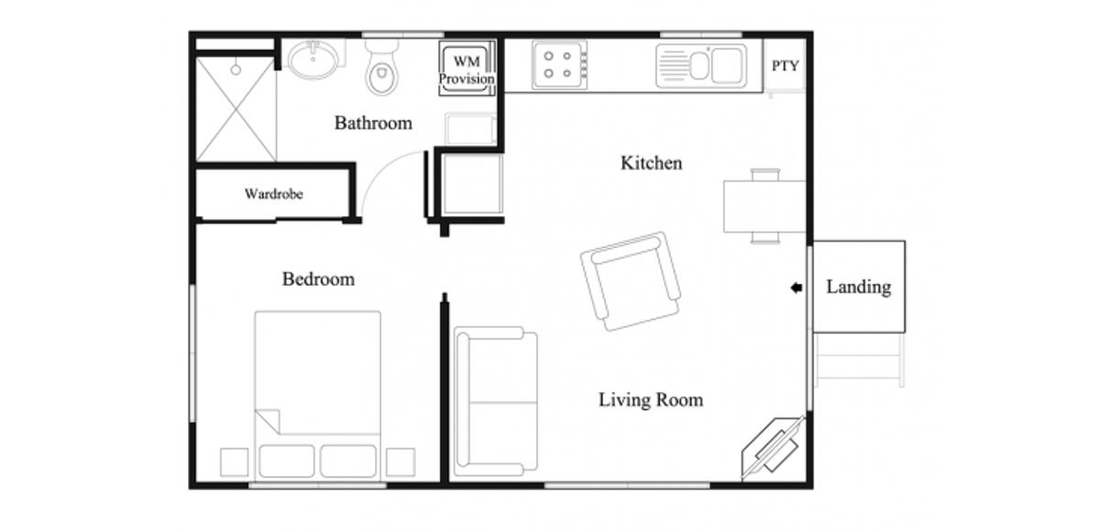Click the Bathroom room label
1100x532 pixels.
[x=372, y=123]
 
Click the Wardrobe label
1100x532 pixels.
[x=273, y=194]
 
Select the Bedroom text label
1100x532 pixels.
[x=317, y=279]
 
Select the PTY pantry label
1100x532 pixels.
[x=785, y=66]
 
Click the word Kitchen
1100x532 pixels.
[x=651, y=164]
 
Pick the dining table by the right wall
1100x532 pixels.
[x=764, y=206]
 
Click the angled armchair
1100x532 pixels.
[x=631, y=280]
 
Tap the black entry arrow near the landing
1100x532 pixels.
[x=796, y=288]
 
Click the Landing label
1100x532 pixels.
[x=858, y=288]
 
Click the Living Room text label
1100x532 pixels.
[x=650, y=400]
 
